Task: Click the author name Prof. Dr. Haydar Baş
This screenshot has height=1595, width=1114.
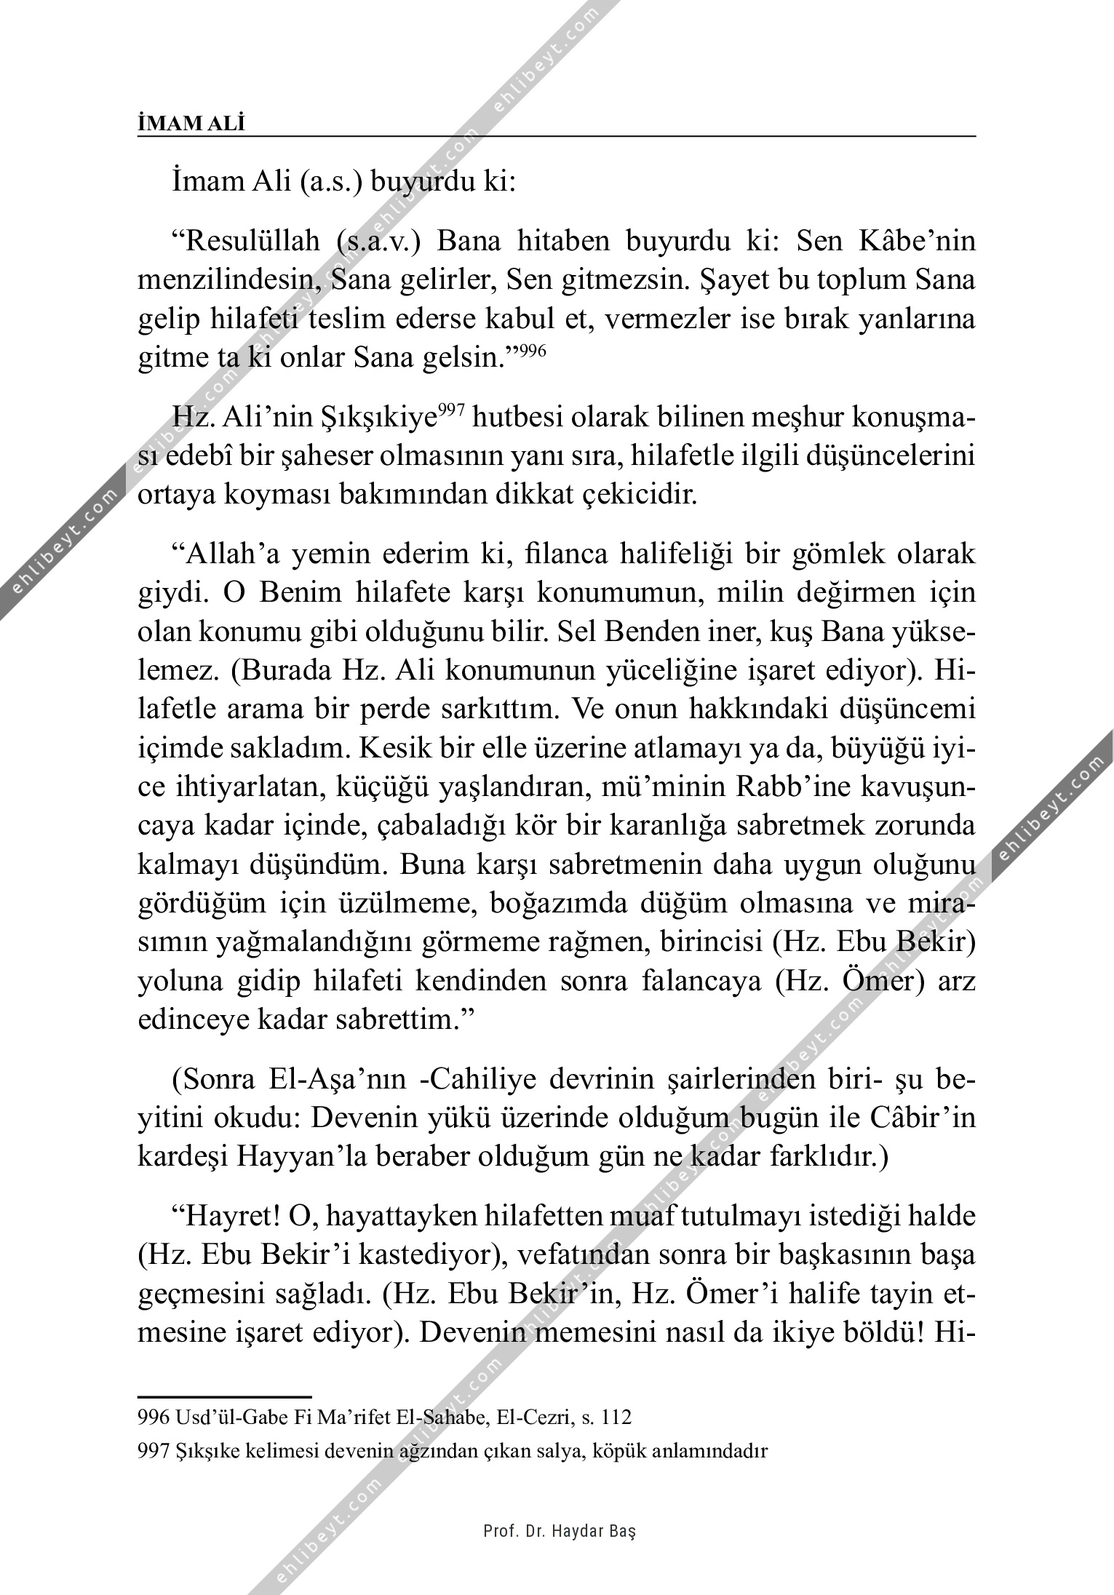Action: (x=560, y=1532)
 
